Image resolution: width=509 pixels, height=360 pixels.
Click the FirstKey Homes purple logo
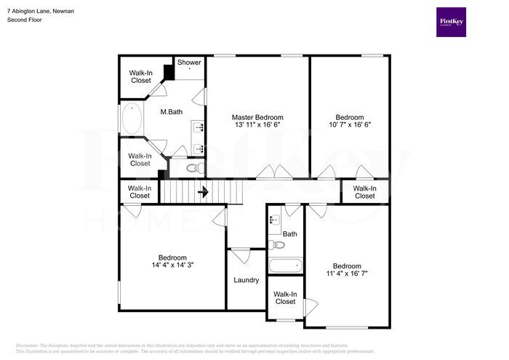point(451,23)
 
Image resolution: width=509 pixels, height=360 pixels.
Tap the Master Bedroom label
point(257,117)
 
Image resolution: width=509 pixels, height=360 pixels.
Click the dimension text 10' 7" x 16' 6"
point(349,125)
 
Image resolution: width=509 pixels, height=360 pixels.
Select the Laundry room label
point(247,280)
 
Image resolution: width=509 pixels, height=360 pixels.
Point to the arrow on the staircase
point(204,193)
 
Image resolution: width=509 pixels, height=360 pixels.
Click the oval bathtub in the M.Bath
point(132,119)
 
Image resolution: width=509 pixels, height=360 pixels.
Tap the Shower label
point(189,63)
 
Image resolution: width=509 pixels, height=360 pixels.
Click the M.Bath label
point(172,111)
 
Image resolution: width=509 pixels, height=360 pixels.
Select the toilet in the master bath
point(193,168)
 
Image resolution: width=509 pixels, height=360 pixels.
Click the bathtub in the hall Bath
point(284,265)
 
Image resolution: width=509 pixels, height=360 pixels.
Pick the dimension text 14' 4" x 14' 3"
point(172,266)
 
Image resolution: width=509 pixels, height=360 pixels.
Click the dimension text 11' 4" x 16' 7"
point(347,274)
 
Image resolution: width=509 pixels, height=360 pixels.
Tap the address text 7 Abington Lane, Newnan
point(40,12)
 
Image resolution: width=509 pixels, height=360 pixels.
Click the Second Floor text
point(25,20)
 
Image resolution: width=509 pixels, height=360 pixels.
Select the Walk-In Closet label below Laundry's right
point(284,297)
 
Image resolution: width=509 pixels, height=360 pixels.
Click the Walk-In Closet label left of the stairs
point(140,191)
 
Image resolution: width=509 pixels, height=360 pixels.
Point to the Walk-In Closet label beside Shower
point(141,76)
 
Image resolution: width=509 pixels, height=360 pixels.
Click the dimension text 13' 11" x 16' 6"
point(257,125)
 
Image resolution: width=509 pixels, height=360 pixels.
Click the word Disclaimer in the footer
point(26,345)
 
